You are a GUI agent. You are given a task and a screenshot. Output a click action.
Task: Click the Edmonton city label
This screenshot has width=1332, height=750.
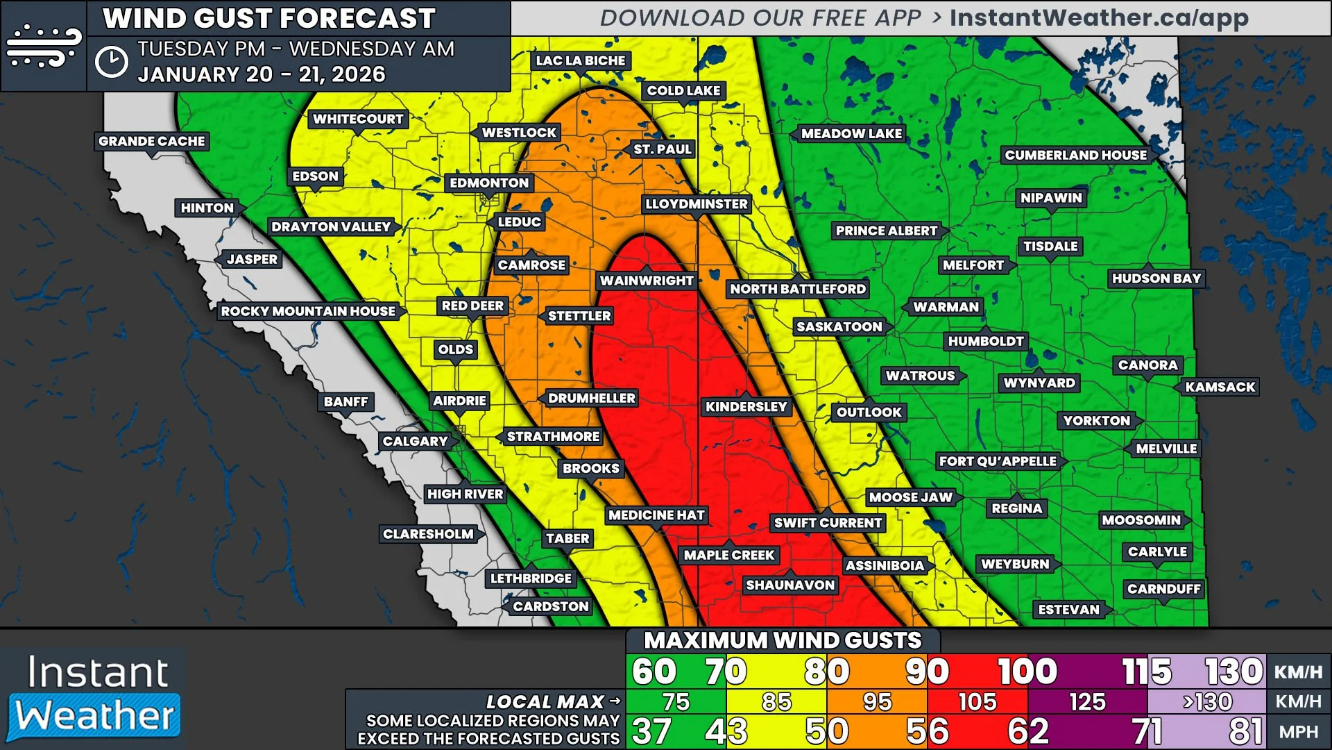pos(488,183)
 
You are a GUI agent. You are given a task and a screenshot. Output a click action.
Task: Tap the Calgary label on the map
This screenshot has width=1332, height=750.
pos(415,442)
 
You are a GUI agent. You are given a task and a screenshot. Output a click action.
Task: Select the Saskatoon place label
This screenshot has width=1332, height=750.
pos(839,327)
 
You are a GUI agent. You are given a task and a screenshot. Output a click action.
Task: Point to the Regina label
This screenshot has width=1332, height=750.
pos(1016,508)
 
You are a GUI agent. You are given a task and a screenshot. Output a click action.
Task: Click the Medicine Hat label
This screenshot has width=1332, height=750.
pos(656,515)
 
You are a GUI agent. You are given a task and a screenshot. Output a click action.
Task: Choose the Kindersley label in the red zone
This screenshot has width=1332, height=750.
pos(746,407)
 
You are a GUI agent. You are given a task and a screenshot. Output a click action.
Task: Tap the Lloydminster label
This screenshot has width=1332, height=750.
pos(696,204)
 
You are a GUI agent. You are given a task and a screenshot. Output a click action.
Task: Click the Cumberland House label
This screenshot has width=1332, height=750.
pos(1075,156)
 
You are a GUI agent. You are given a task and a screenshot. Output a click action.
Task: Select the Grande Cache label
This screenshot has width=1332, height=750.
pos(152,142)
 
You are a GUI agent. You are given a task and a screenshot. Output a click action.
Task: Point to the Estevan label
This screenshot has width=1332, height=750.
pos(1068,610)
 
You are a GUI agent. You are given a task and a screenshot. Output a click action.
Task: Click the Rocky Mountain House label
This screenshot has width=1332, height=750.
pos(308,312)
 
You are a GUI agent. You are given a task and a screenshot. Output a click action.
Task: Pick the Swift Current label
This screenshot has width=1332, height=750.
pos(828,523)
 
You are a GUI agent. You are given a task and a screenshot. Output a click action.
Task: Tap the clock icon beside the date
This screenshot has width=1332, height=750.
pos(112,62)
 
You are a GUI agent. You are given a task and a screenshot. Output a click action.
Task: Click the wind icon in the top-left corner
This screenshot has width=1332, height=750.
pos(44,46)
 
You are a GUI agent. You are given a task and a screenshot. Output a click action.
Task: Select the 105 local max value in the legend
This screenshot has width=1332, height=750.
pos(977,702)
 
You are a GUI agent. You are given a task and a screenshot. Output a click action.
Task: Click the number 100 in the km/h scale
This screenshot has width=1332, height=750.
pos(1027,672)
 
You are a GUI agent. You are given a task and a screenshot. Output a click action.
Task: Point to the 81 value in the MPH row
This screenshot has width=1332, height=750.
pos(1245,732)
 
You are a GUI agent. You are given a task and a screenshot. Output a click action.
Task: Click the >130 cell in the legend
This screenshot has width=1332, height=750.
pos(1207,702)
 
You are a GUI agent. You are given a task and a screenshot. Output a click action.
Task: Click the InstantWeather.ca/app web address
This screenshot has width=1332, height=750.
pos(1099,18)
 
